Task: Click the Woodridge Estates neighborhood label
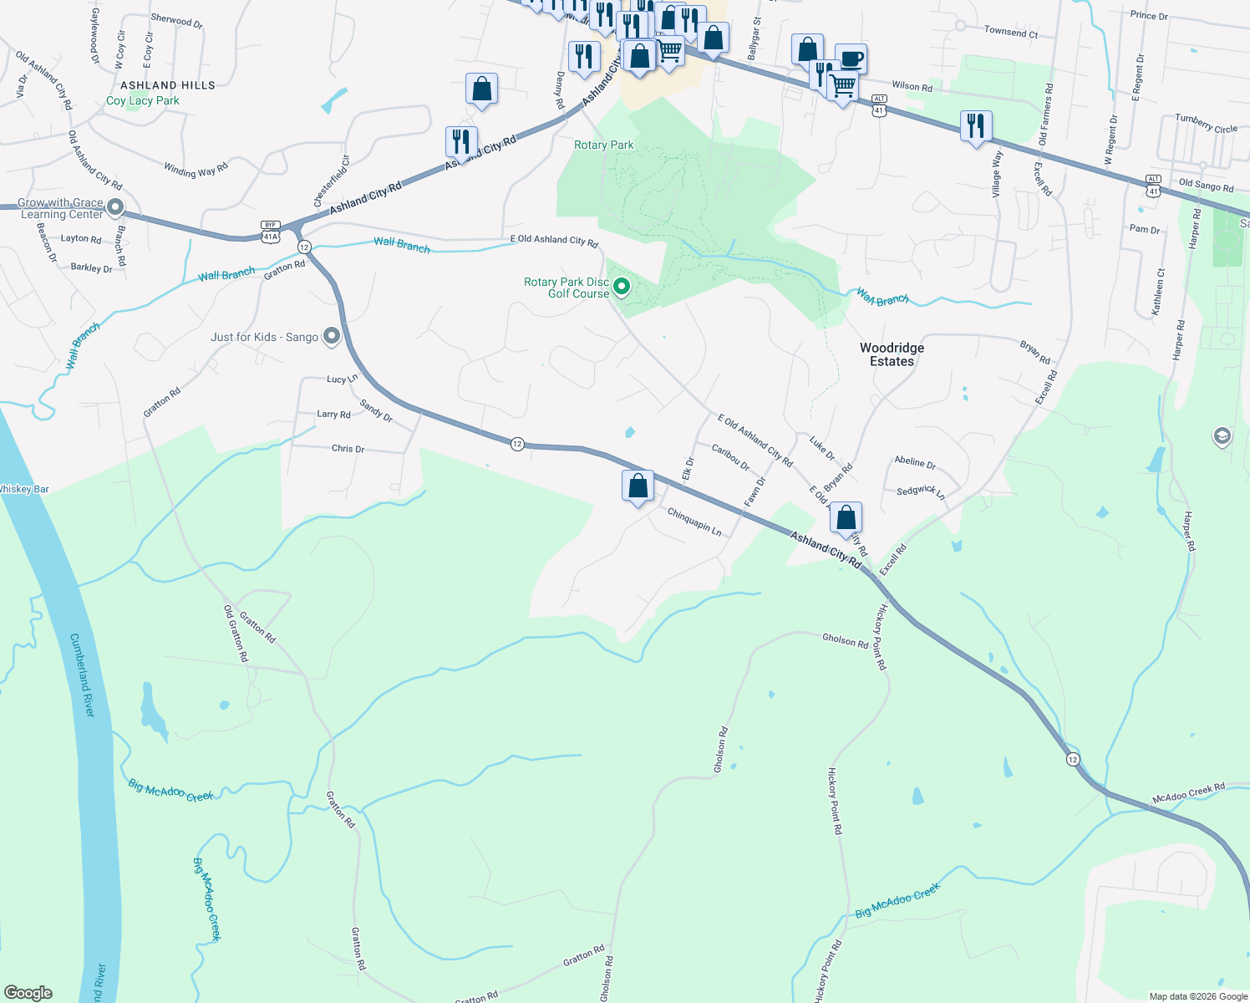click(892, 354)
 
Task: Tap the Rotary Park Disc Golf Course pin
click(622, 288)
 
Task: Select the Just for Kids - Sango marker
click(332, 336)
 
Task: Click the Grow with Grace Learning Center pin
click(116, 206)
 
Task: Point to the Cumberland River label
click(82, 675)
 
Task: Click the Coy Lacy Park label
click(143, 101)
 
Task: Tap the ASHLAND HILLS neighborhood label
click(168, 85)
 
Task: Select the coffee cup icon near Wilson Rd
click(851, 59)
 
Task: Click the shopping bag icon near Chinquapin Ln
click(638, 486)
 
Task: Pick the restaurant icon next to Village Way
click(976, 126)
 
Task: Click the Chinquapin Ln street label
click(694, 522)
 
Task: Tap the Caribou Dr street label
click(730, 457)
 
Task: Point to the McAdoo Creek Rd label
click(1188, 793)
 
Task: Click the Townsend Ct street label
click(1010, 33)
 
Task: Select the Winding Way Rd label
click(196, 171)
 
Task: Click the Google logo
click(28, 993)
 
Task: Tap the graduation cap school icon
click(1222, 436)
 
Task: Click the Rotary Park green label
click(603, 145)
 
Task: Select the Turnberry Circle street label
click(1206, 124)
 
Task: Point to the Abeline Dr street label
click(915, 462)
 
